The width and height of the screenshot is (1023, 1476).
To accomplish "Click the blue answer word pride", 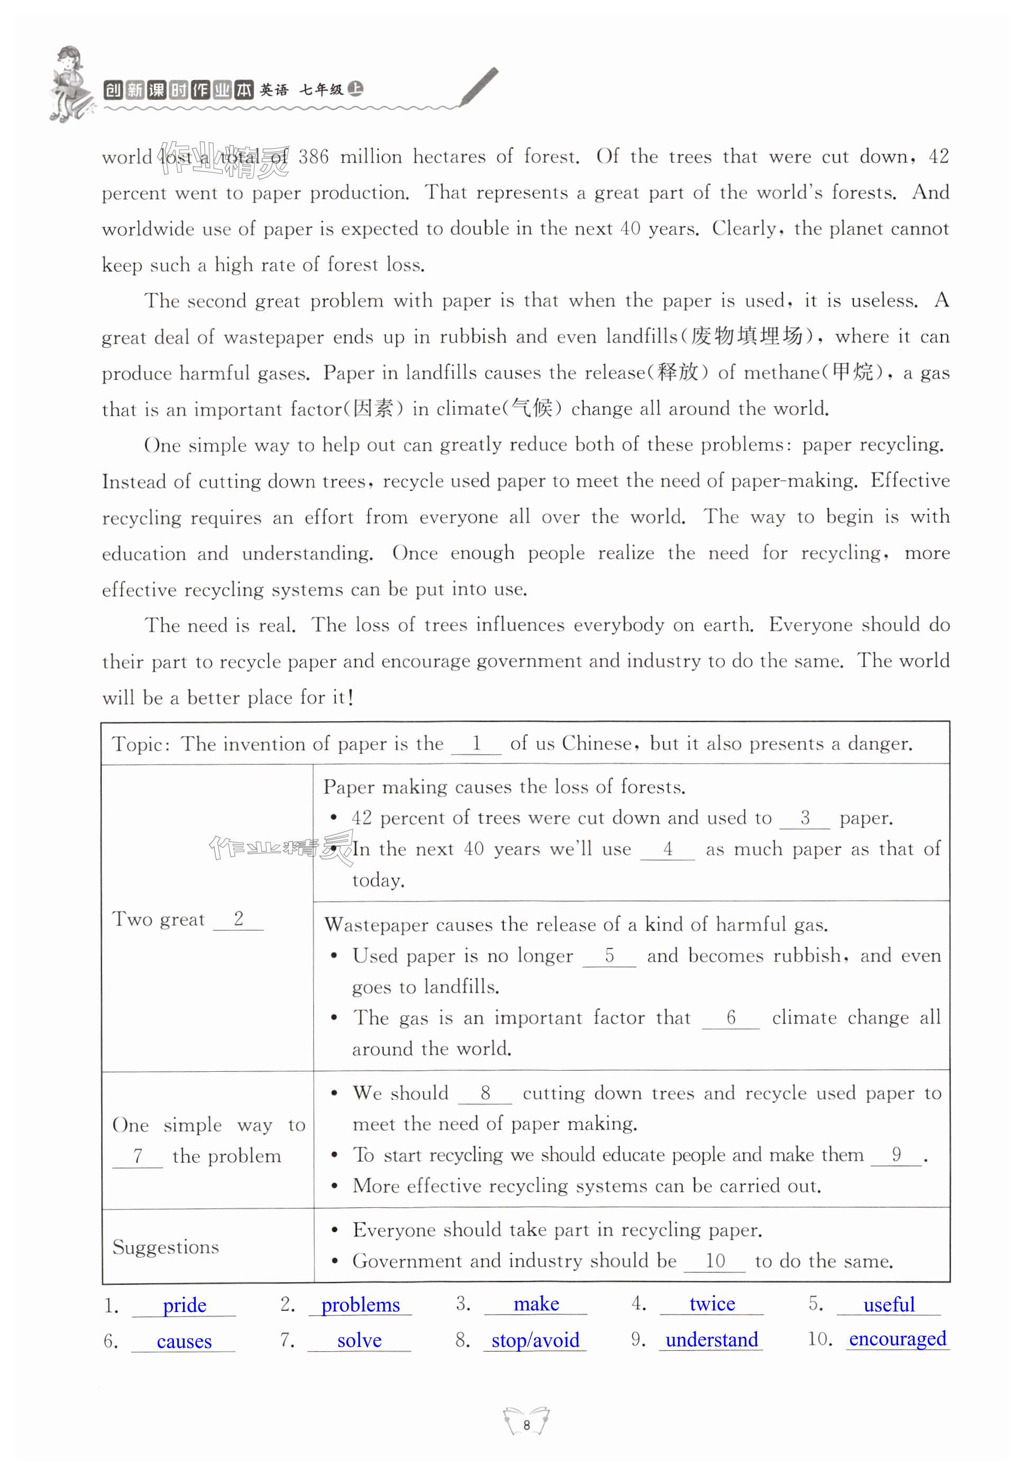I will coord(184,1306).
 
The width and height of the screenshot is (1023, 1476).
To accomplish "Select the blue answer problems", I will coord(360,1305).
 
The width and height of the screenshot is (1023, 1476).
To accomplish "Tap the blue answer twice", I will coord(711,1304).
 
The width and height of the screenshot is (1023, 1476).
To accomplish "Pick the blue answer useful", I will coord(889,1304).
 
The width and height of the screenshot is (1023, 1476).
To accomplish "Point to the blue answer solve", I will coord(359,1340).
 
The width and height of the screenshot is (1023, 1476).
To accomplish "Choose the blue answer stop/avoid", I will coord(535,1340).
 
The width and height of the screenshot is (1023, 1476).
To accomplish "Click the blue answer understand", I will coord(711,1340).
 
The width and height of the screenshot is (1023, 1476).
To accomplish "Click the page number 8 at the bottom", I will coord(526,1425).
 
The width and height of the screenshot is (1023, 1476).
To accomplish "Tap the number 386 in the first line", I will coord(314,157).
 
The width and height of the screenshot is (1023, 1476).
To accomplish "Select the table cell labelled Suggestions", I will coord(166,1246).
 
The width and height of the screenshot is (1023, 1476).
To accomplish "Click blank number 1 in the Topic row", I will coord(476,743).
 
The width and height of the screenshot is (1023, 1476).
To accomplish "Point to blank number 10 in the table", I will coord(715,1261).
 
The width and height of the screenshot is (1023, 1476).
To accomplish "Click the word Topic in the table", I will coord(138,745).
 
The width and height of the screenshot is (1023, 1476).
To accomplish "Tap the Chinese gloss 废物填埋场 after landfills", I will coord(747,336).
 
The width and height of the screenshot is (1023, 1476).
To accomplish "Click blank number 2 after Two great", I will coord(239,919).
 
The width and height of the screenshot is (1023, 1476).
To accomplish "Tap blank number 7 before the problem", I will coord(137,1155).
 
